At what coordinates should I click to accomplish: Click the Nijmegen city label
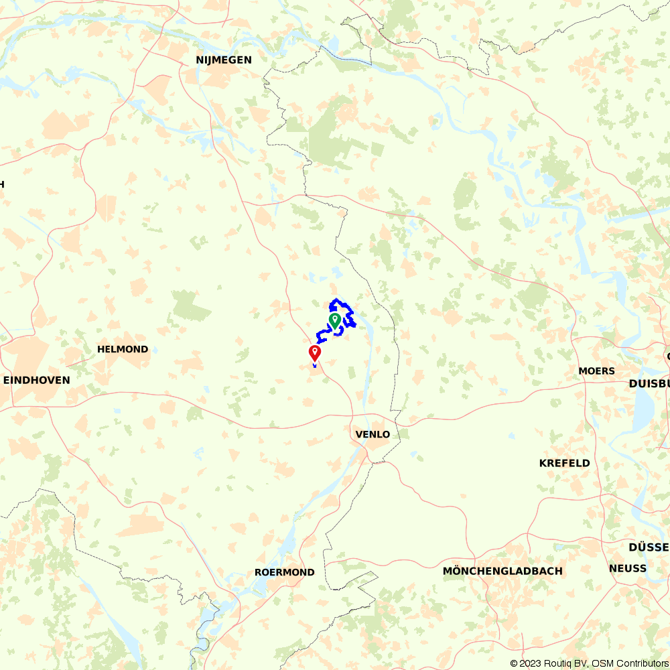[224, 60]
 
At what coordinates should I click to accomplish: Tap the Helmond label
[123, 349]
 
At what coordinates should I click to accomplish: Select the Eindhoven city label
[37, 380]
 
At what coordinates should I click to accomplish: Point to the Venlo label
[373, 434]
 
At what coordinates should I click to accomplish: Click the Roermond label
[285, 572]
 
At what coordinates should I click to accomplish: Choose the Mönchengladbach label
[503, 571]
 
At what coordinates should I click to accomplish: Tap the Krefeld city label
[565, 463]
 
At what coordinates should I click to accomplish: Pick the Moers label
[596, 371]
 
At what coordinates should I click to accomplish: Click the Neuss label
[628, 568]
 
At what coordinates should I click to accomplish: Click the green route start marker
[334, 320]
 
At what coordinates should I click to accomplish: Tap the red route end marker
[314, 352]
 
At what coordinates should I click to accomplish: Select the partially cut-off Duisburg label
[649, 384]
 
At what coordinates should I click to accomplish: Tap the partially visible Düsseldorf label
[648, 547]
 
